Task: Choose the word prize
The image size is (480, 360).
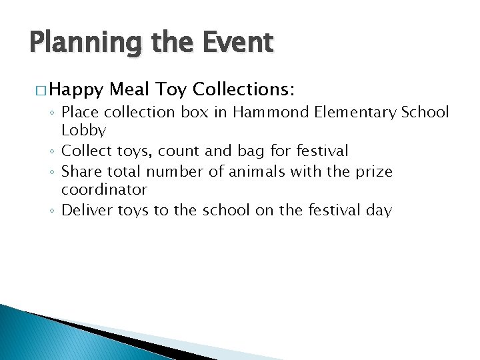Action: coord(373,173)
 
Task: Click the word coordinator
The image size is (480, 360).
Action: coord(104,189)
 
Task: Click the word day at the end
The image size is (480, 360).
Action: coord(379,211)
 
